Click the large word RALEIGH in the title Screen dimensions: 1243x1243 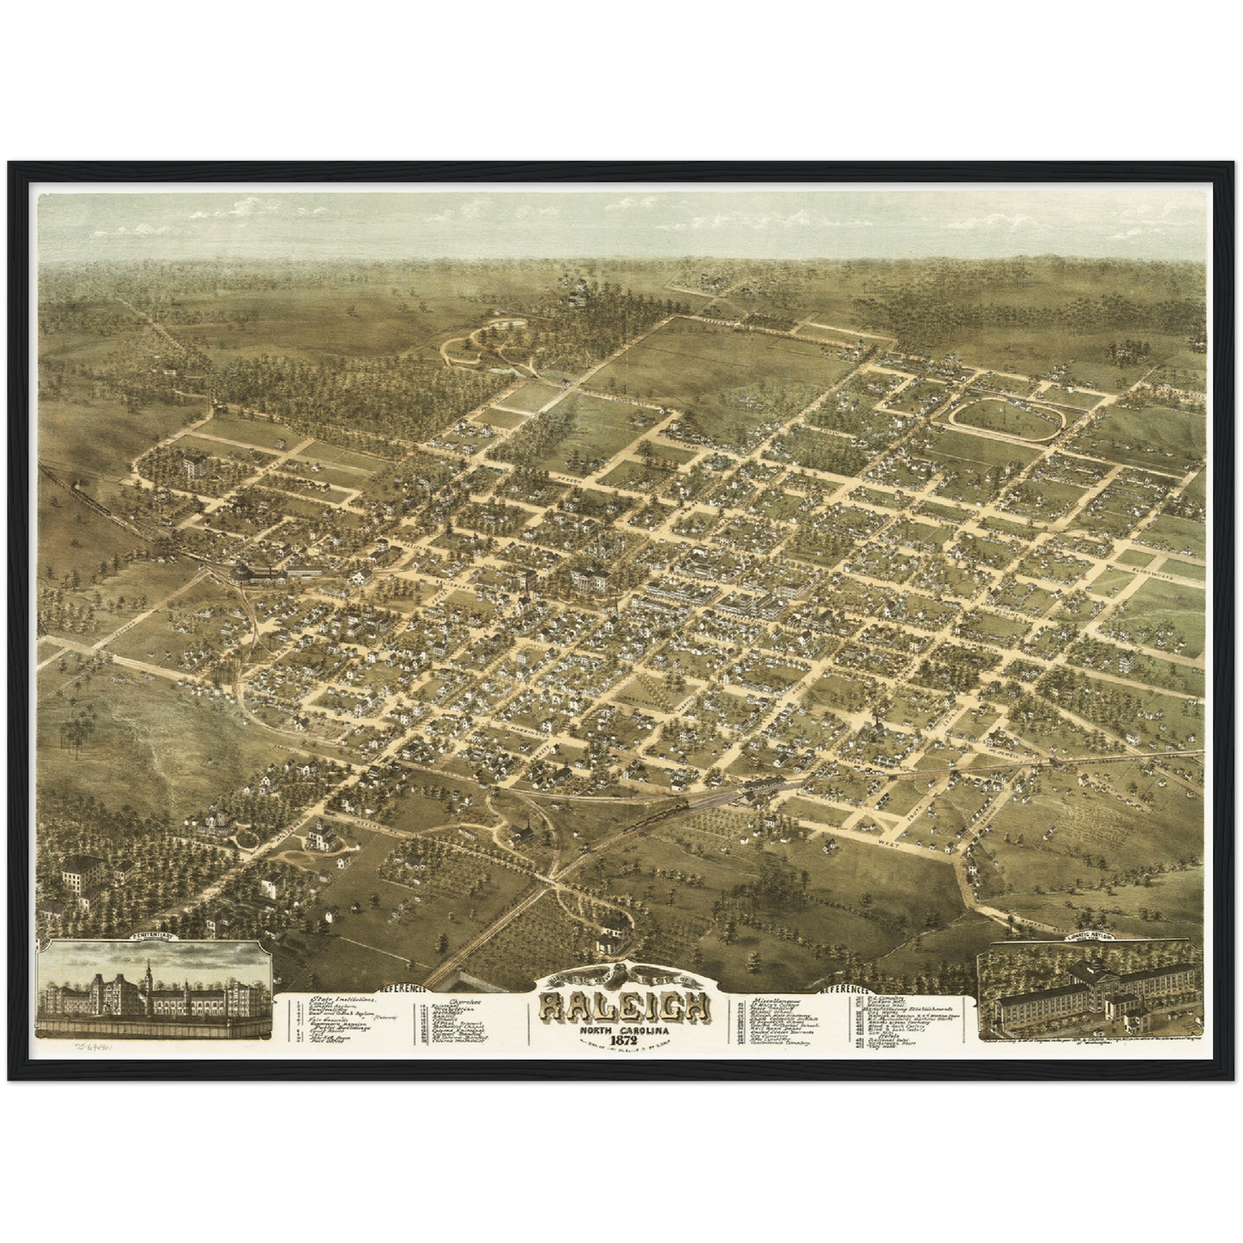pyautogui.click(x=625, y=1006)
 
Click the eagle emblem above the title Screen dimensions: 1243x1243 pyautogui.click(x=625, y=975)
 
